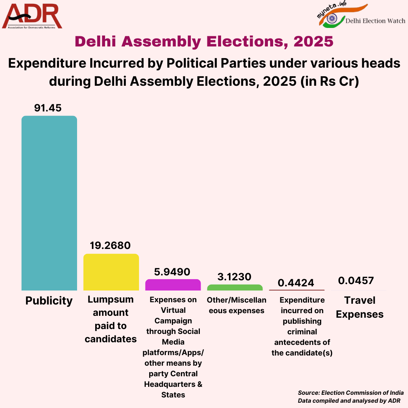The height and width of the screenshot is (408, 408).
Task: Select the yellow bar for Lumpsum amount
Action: point(111,272)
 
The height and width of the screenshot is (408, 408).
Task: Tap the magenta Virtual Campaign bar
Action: point(173,285)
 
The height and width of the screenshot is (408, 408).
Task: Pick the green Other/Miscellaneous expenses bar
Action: point(235,287)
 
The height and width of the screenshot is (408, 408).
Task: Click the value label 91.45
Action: point(48,108)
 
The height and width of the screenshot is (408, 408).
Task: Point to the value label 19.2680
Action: point(110,246)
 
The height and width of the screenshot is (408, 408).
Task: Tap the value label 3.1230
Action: point(234,277)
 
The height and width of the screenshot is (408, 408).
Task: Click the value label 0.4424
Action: point(296,283)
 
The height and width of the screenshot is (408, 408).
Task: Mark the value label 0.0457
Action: point(356,281)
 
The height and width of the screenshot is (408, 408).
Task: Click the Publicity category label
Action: point(49,301)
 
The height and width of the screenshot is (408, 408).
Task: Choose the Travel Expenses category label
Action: point(360,307)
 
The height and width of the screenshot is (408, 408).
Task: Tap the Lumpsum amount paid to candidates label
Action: point(111,319)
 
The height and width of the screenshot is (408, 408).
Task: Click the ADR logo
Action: point(32,16)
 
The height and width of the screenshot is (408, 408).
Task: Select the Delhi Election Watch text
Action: point(376,21)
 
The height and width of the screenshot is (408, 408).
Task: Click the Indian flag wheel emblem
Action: point(332,18)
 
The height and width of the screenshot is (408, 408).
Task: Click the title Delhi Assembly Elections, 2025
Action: point(204,42)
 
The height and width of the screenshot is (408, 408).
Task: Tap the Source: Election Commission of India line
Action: point(351,393)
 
